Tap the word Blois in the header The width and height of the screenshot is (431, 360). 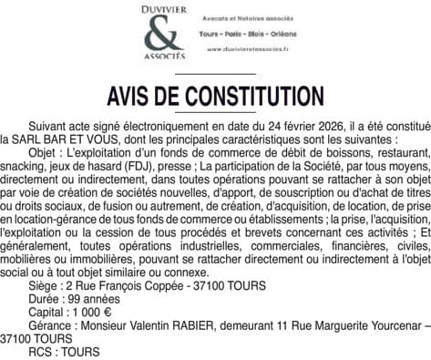point(264,34)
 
